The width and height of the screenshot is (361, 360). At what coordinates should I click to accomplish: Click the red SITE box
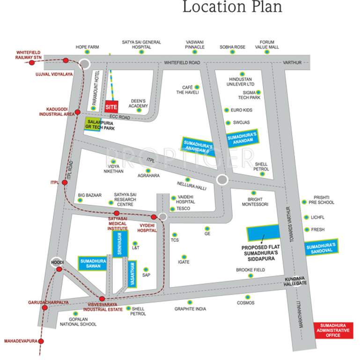click(111, 106)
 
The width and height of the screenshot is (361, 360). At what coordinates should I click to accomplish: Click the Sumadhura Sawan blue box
click(92, 263)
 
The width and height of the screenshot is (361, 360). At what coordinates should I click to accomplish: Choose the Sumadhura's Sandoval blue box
click(321, 247)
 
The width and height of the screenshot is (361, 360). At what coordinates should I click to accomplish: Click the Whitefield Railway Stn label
click(29, 55)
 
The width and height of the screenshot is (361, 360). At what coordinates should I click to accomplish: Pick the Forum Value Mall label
click(267, 45)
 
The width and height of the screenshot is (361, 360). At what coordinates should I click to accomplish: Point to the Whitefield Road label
click(182, 63)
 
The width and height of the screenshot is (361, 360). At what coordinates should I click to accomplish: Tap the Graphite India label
click(190, 309)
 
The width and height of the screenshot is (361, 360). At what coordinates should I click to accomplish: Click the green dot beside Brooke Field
click(250, 276)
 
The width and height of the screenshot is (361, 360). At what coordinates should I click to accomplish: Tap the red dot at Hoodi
click(59, 269)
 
